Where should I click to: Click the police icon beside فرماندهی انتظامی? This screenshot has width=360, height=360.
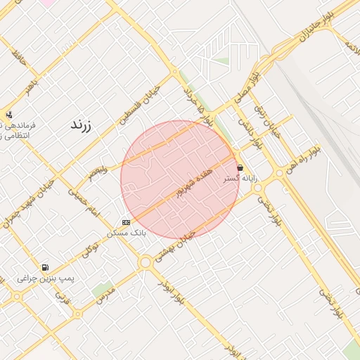point(8,115)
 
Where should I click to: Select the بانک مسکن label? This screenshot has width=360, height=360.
point(127,231)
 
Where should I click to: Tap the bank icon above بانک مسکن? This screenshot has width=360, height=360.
point(126,222)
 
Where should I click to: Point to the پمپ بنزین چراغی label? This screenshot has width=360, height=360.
point(46,278)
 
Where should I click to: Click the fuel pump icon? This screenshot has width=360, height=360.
point(46,268)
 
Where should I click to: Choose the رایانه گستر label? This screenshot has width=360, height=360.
point(240,179)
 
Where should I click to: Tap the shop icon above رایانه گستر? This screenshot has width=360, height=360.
point(241,168)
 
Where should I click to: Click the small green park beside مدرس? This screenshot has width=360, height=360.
point(103,290)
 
